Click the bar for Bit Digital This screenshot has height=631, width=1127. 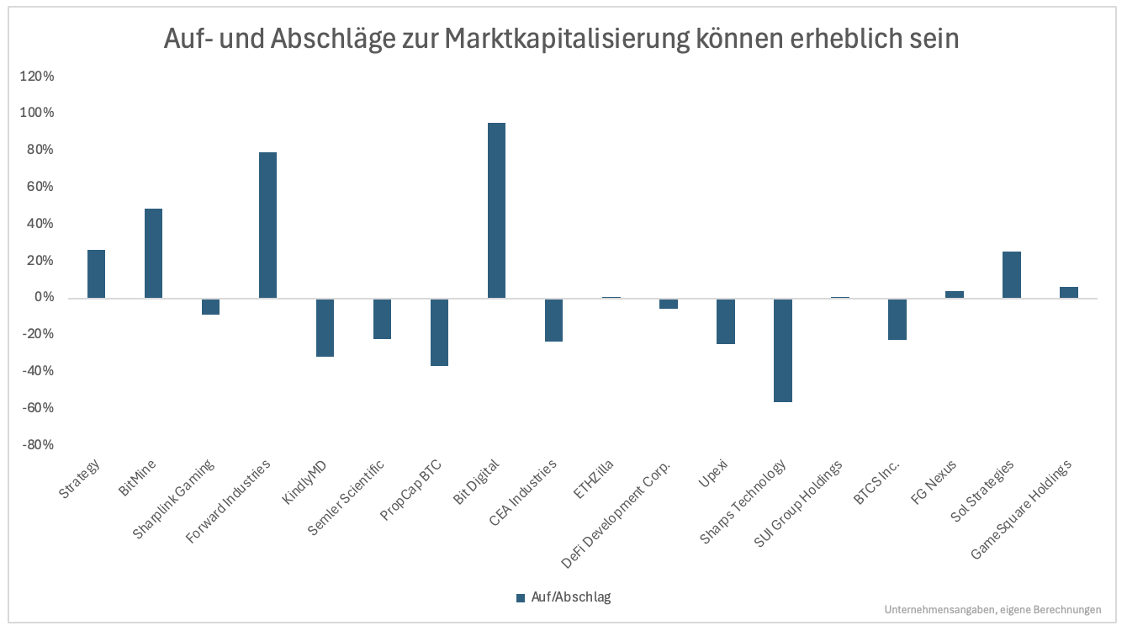pyautogui.click(x=496, y=210)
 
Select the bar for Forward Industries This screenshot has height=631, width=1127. pyautogui.click(x=267, y=225)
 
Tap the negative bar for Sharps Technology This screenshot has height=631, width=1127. pyautogui.click(x=782, y=350)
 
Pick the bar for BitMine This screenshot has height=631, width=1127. pyautogui.click(x=153, y=253)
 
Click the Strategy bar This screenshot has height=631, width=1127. pyautogui.click(x=96, y=273)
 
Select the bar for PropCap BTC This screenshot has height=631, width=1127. pyautogui.click(x=439, y=331)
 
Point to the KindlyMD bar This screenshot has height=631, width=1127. pyautogui.click(x=325, y=327)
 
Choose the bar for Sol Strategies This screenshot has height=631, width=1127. pyautogui.click(x=1011, y=274)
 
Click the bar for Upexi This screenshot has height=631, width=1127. pyautogui.click(x=725, y=321)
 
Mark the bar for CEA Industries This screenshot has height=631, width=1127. pyautogui.click(x=553, y=320)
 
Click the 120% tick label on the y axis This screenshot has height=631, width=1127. pyautogui.click(x=36, y=77)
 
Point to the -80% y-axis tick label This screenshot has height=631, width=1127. pyautogui.click(x=37, y=445)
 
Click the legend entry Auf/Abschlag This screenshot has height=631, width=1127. pyautogui.click(x=563, y=597)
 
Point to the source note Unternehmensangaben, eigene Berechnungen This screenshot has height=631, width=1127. pyautogui.click(x=992, y=610)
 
